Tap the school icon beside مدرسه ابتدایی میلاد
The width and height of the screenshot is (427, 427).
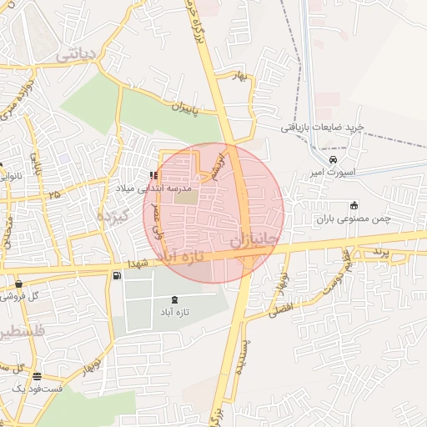[x=153, y=175]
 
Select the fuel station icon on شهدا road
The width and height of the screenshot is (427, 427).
[x=115, y=275]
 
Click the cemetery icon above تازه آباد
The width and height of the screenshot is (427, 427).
[x=174, y=299]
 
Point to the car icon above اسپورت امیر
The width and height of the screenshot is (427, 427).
[x=334, y=159]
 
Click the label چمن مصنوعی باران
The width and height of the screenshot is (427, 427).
[x=354, y=219]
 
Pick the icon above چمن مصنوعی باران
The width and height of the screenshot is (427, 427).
[x=354, y=205]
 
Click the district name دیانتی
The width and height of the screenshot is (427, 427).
[x=78, y=54]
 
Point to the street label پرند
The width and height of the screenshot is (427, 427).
[x=380, y=250]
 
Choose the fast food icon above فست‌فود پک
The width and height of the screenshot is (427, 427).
[x=37, y=375]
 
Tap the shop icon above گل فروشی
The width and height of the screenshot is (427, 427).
[x=18, y=284]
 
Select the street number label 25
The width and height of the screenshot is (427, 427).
[x=55, y=194]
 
